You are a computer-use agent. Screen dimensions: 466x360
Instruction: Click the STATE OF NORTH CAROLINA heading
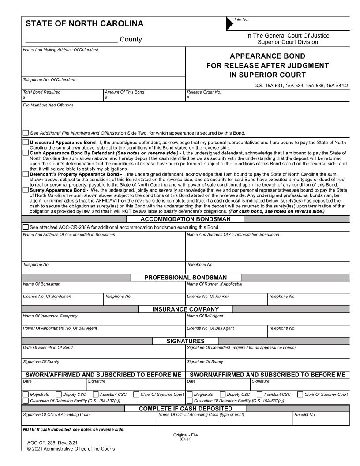click(84, 24)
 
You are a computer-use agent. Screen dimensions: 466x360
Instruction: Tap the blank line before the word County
click(71, 40)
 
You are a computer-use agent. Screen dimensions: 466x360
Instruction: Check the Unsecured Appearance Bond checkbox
click(26, 143)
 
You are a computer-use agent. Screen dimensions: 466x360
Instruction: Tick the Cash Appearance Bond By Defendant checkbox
click(26, 153)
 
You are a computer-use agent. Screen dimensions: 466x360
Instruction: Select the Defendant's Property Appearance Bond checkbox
click(26, 174)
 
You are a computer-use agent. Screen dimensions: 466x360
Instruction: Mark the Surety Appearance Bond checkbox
click(26, 190)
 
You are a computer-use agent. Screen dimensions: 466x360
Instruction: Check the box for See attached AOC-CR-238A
click(26, 227)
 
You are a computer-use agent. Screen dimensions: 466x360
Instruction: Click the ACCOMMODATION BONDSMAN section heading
click(185, 219)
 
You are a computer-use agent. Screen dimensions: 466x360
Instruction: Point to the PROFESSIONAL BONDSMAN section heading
click(185, 277)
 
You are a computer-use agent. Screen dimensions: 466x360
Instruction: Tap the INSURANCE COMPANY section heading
click(185, 309)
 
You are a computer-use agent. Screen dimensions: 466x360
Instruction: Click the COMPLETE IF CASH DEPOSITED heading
click(185, 408)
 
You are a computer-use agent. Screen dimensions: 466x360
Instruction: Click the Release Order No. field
click(267, 98)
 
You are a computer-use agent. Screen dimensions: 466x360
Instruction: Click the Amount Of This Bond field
click(145, 98)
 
